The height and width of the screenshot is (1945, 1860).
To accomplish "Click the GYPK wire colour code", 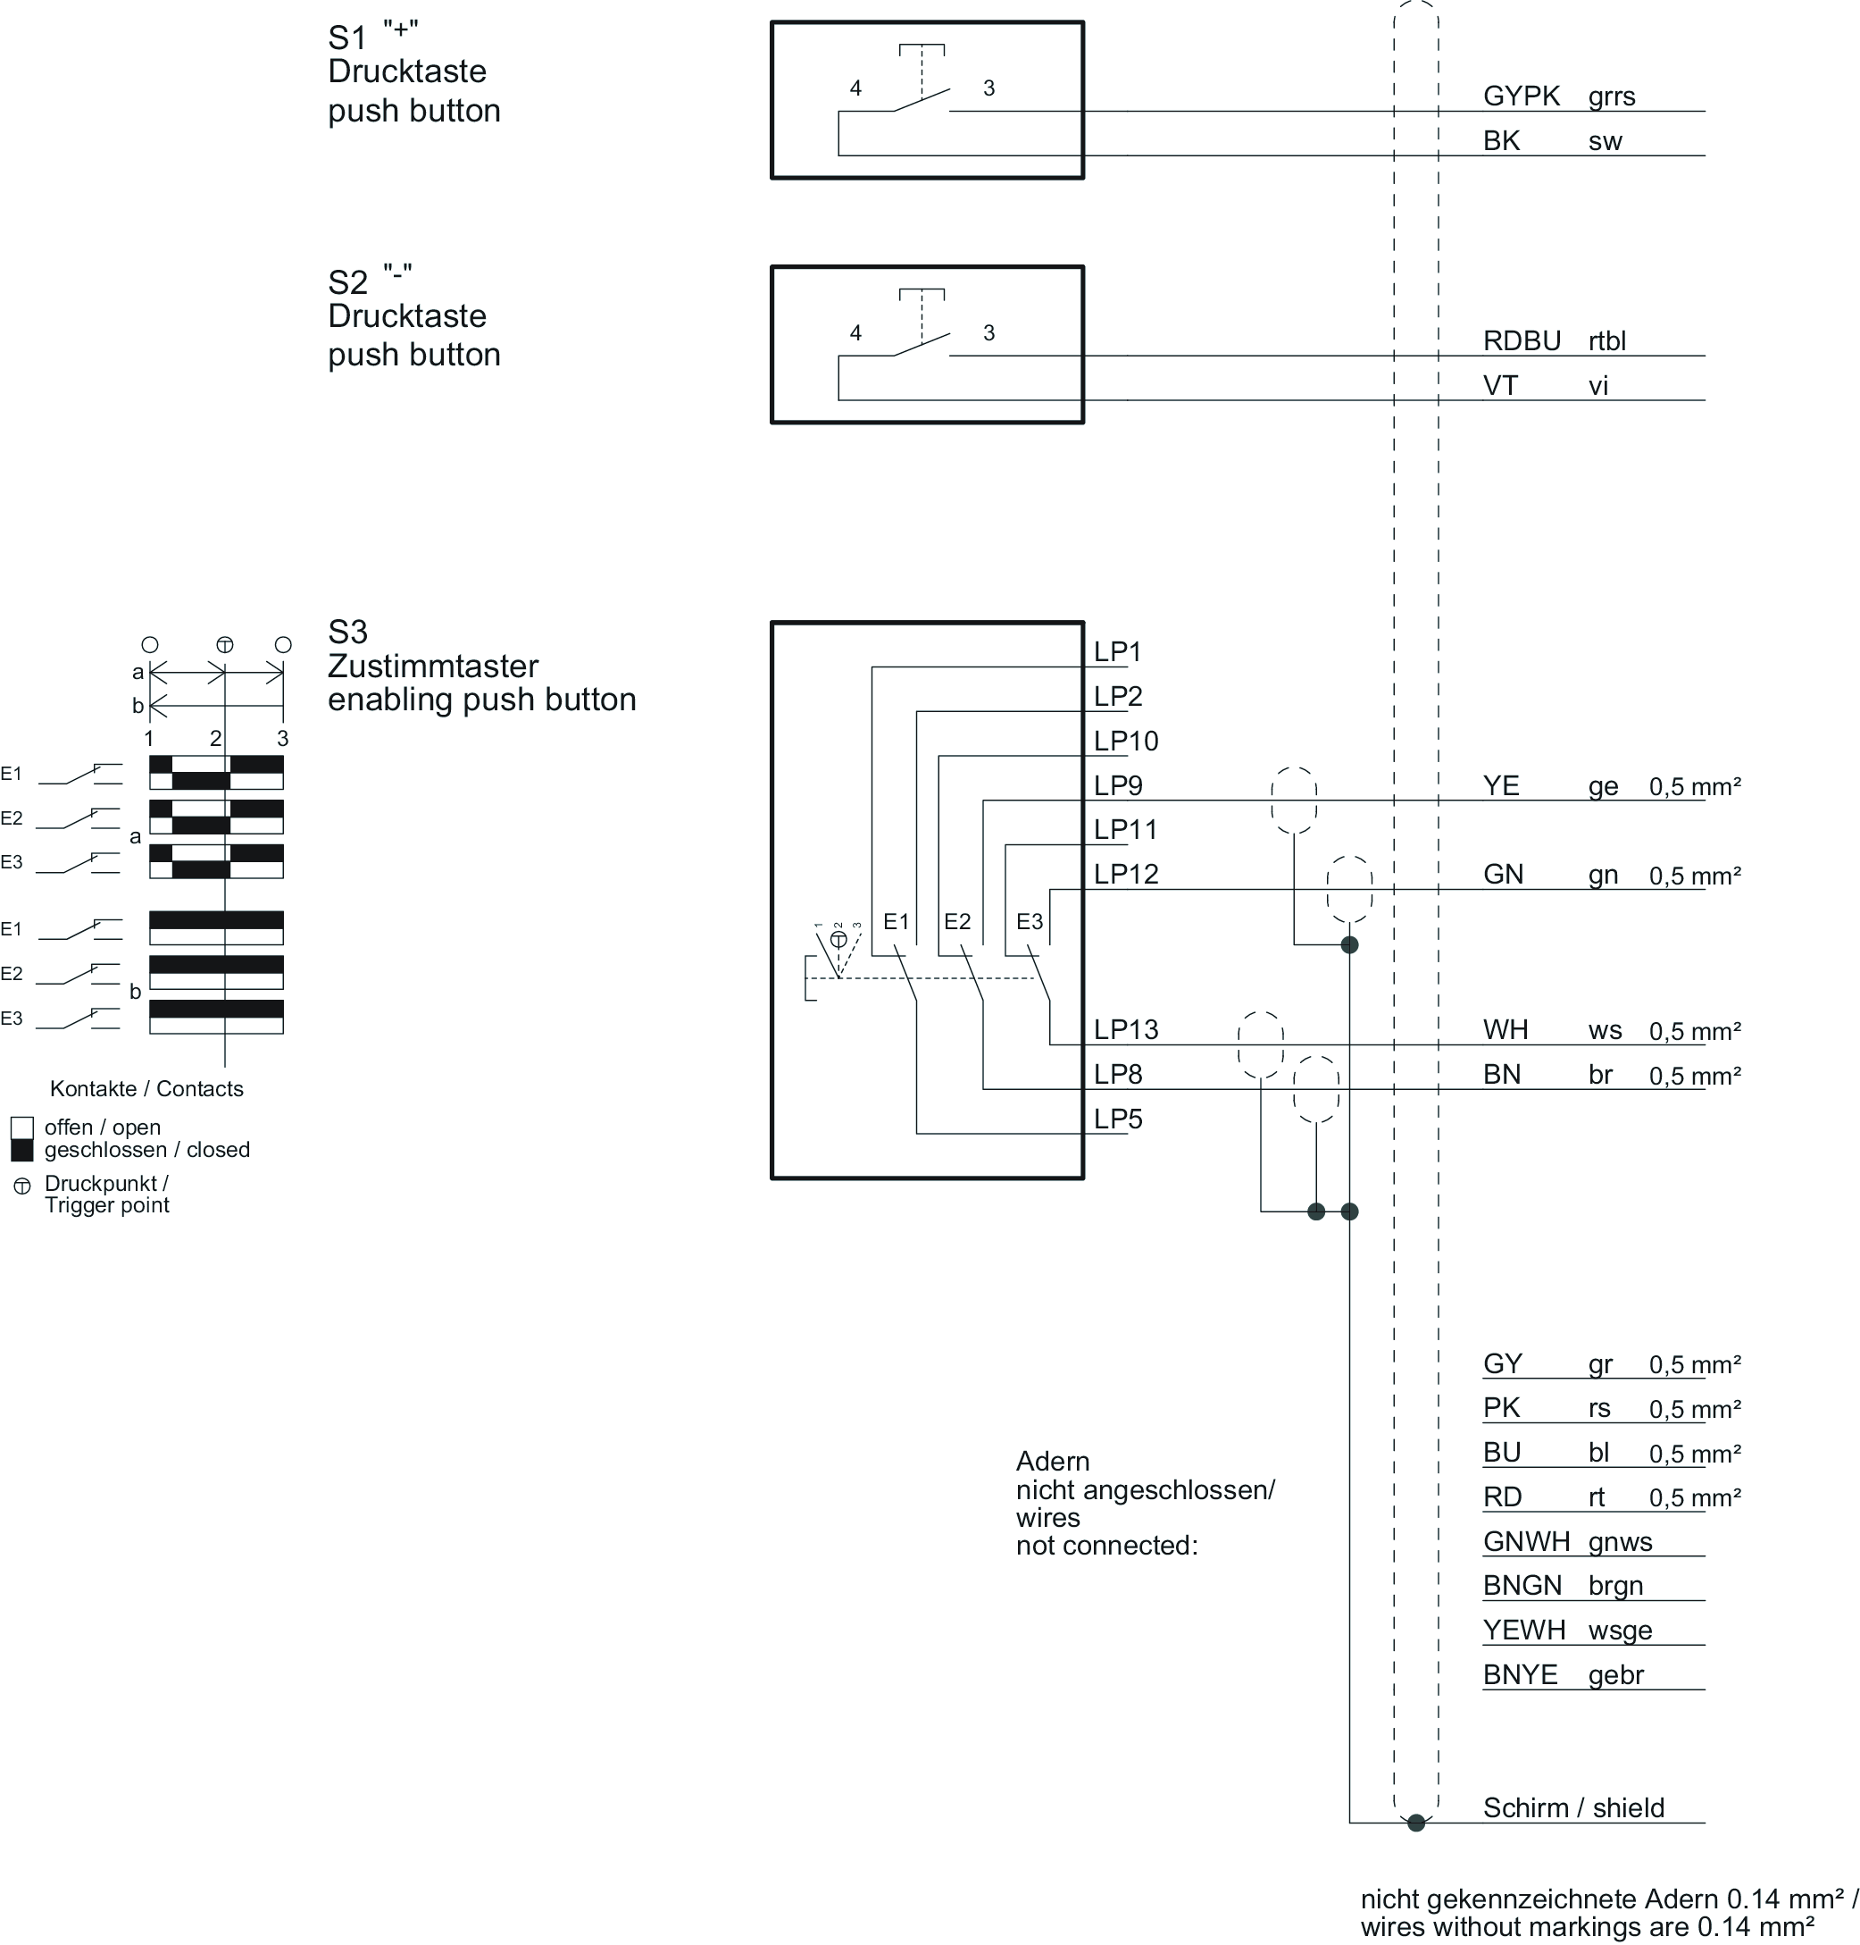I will click(1521, 96).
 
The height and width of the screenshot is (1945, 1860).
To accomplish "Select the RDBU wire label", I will click(1521, 341).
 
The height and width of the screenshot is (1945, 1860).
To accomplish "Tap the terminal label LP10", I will click(1125, 741).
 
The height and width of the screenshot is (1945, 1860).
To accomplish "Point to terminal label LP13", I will click(1125, 1029).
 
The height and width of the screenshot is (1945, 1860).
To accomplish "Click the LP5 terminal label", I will click(1117, 1119).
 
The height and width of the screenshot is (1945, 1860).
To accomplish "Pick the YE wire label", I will click(1501, 785).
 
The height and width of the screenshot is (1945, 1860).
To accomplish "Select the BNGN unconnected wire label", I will click(1522, 1585).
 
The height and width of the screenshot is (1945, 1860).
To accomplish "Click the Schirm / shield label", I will click(1572, 1807).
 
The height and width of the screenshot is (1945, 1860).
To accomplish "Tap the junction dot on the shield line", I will click(1416, 1822).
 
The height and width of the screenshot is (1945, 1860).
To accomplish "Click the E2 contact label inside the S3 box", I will click(956, 921).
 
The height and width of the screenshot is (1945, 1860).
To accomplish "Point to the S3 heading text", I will click(348, 632).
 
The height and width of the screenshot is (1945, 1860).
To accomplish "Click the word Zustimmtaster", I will click(432, 666).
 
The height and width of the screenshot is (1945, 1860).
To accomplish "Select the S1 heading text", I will click(348, 38).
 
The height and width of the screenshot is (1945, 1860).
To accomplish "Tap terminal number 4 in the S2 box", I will click(855, 333).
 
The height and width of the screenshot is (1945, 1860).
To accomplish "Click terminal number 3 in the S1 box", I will click(988, 88).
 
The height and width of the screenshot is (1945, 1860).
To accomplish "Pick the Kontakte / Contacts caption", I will click(146, 1088).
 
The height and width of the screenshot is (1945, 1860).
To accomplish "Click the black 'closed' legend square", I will click(21, 1150).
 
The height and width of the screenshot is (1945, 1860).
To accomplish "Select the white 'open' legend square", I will click(21, 1128).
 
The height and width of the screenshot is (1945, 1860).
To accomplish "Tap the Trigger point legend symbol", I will click(21, 1186).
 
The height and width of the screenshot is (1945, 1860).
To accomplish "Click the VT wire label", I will click(1500, 386).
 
